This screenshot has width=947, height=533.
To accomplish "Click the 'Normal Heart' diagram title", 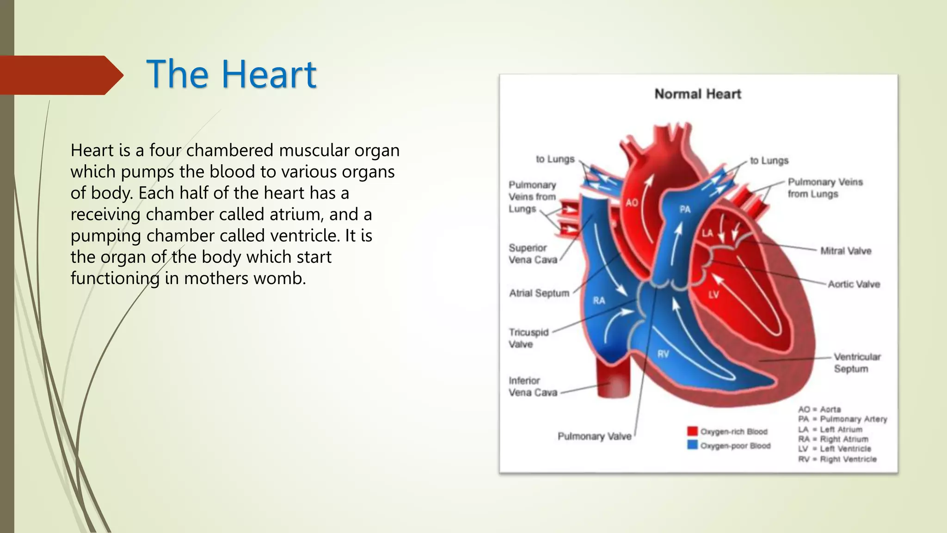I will pyautogui.click(x=697, y=94).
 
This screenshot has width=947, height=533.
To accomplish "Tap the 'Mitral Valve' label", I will pyautogui.click(x=845, y=251).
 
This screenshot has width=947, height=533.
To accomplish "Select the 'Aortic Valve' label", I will pyautogui.click(x=854, y=284).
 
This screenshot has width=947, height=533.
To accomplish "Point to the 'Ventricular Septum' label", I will pyautogui.click(x=856, y=363).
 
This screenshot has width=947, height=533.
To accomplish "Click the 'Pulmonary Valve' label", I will pyautogui.click(x=594, y=436).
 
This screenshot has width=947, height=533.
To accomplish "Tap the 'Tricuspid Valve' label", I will pyautogui.click(x=528, y=338).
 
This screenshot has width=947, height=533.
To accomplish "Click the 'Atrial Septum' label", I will pyautogui.click(x=539, y=293).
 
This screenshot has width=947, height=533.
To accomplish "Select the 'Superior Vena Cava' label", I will pyautogui.click(x=533, y=254).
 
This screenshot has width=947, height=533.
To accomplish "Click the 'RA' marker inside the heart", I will pyautogui.click(x=599, y=301).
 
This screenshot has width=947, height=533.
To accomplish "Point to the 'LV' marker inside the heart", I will pyautogui.click(x=713, y=295).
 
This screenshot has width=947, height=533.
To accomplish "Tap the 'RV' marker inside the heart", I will pyautogui.click(x=663, y=354).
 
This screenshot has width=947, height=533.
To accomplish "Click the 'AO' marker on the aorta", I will pyautogui.click(x=632, y=203).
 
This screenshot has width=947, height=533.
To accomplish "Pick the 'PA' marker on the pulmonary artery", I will pyautogui.click(x=685, y=210).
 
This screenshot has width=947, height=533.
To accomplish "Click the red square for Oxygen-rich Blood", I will pyautogui.click(x=692, y=431).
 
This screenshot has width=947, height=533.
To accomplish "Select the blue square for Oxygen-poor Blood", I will pyautogui.click(x=692, y=445).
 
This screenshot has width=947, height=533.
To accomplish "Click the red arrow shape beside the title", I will pyautogui.click(x=60, y=75).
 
